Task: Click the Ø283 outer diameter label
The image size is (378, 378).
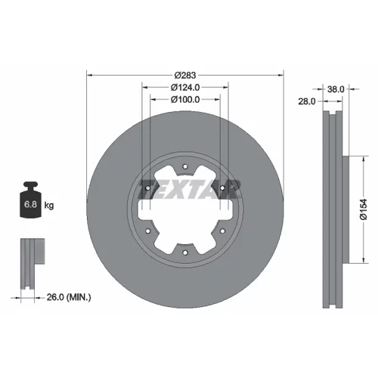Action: pyautogui.click(x=185, y=75)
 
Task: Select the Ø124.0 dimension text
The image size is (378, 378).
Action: pyautogui.click(x=185, y=87)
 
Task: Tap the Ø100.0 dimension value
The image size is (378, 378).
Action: pyautogui.click(x=185, y=99)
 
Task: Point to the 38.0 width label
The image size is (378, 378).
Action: pyautogui.click(x=336, y=89)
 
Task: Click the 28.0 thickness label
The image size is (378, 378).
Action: pyautogui.click(x=307, y=101)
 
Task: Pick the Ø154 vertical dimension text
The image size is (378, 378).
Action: pyautogui.click(x=364, y=209)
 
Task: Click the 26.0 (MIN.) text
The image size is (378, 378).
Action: pyautogui.click(x=69, y=297)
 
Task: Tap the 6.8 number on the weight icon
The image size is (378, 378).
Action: pyautogui.click(x=30, y=204)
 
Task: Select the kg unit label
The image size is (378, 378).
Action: pyautogui.click(x=49, y=206)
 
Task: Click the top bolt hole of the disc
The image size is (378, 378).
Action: pyautogui.click(x=185, y=166)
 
